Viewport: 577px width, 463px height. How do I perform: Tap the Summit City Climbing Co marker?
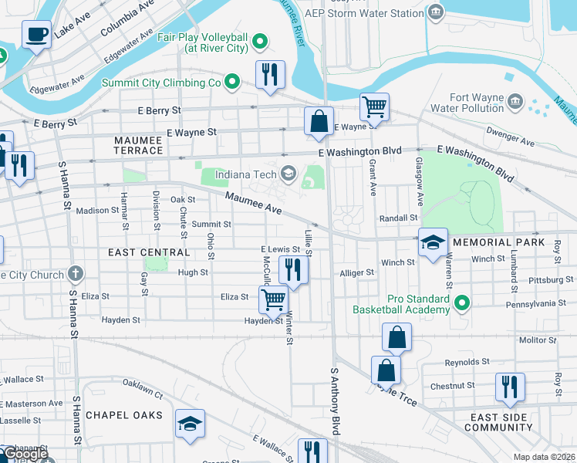[231, 82]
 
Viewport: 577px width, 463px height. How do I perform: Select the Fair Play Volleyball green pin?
[261, 41]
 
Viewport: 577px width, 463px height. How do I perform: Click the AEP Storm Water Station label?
[375, 12]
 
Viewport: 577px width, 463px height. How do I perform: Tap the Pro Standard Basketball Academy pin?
[462, 302]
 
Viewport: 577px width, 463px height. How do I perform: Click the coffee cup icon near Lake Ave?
[37, 35]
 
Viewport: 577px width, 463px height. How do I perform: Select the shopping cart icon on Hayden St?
[273, 299]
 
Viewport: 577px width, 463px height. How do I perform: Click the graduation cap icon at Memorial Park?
[433, 242]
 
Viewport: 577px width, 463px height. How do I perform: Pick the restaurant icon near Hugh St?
[293, 269]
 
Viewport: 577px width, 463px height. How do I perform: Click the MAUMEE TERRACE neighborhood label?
[138, 145]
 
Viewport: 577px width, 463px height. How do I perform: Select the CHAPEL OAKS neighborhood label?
[124, 415]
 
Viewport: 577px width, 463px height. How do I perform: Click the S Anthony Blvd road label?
[336, 402]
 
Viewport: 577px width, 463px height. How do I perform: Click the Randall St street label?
[398, 218]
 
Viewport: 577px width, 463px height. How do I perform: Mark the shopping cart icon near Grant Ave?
[374, 106]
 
